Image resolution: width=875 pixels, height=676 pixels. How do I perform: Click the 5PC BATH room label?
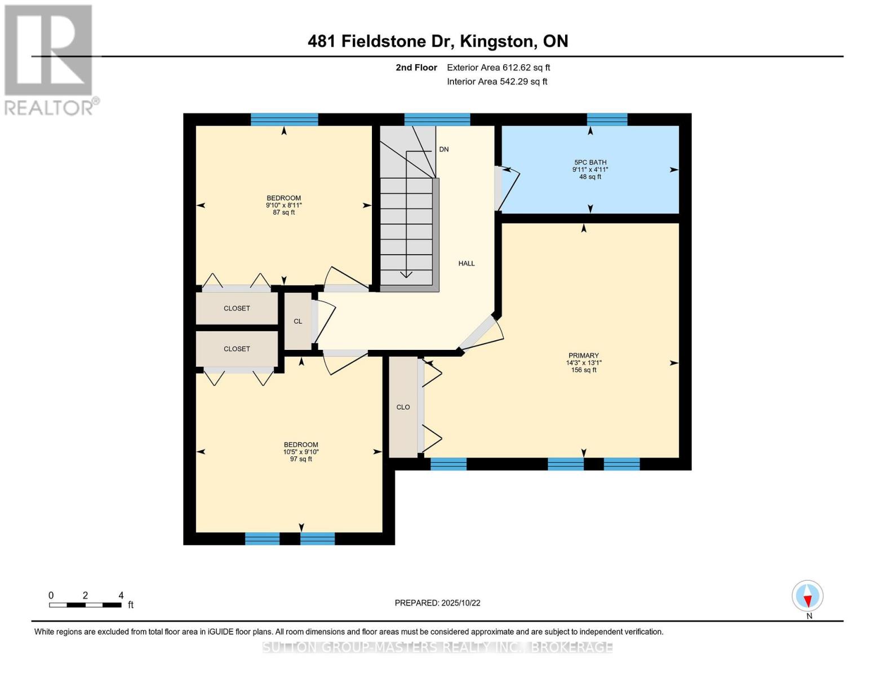click(590, 169)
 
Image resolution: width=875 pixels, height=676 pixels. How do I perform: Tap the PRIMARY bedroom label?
click(583, 362)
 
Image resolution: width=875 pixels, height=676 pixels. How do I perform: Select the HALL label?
click(466, 263)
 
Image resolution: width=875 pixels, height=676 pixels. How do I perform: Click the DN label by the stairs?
click(443, 149)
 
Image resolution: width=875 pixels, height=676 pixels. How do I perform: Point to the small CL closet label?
click(297, 321)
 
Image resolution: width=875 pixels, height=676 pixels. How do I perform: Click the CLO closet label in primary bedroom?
click(403, 407)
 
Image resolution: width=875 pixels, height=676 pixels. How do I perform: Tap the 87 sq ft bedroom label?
click(283, 205)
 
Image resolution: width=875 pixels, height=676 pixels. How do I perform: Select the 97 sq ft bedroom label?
click(301, 451)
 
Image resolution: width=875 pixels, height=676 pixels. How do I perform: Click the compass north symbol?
click(807, 596)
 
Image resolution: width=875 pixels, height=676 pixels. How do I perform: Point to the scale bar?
click(85, 604)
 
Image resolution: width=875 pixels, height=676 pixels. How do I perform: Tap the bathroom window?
click(607, 119)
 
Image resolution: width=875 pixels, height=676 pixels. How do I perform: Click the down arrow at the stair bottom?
click(405, 274)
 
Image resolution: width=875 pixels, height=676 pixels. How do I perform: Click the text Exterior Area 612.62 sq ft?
click(498, 68)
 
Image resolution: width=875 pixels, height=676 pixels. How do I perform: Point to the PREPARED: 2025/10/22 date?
click(437, 603)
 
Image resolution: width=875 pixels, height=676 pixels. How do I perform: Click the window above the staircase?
click(437, 119)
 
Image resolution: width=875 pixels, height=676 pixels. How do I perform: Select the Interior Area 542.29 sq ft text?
click(497, 82)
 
